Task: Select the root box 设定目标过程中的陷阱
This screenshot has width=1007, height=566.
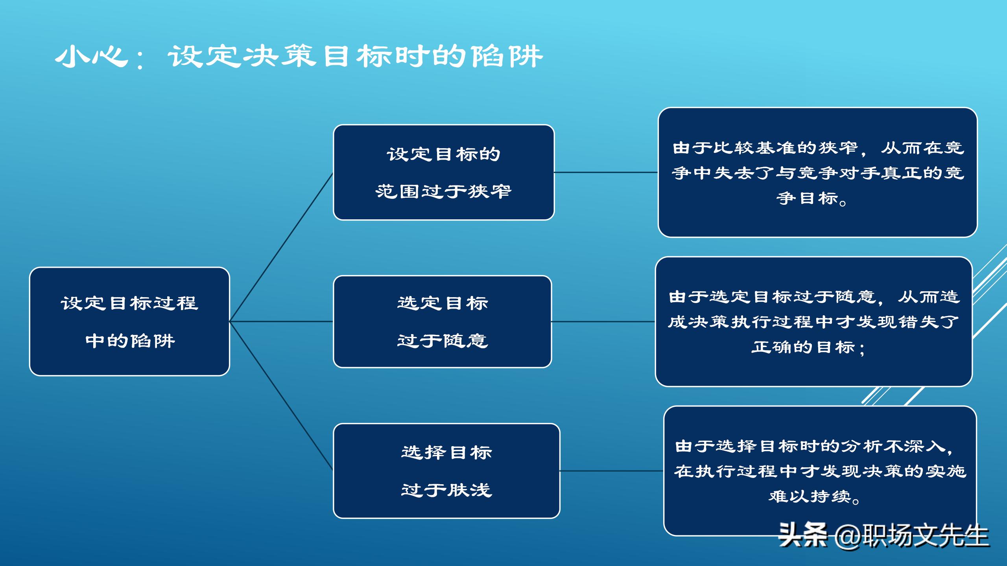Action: pos(129,322)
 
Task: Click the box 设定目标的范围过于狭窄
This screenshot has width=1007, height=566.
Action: pos(443,172)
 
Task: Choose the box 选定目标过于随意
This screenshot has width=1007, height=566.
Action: pos(442,322)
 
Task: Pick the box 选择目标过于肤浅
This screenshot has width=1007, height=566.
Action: pos(446,470)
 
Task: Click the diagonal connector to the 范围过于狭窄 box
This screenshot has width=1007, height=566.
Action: pos(281,247)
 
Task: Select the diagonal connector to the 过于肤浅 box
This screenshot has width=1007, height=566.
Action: pos(281,396)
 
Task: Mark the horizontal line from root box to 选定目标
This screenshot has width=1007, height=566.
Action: pos(281,322)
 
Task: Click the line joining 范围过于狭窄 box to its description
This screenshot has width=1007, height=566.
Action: pos(606,172)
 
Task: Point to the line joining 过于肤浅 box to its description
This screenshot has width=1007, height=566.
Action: pos(612,470)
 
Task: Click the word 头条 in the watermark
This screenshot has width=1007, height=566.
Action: pos(802,535)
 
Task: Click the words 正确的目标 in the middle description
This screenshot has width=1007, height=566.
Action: pos(802,347)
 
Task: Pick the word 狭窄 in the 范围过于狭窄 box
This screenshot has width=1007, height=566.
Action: pos(489,191)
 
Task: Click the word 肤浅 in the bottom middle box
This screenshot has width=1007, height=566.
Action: pos(470,490)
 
